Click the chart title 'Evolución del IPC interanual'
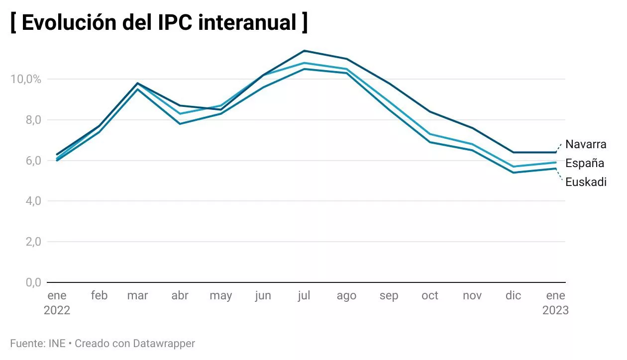tap(159, 23)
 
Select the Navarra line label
tap(586, 144)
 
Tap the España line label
tap(585, 163)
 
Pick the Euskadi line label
tap(586, 182)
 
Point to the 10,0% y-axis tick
tap(25, 79)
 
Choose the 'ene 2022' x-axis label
tap(57, 303)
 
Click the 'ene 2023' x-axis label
tap(555, 303)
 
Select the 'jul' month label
tap(304, 296)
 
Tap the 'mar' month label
tap(137, 296)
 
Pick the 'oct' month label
tap(430, 296)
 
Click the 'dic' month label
tap(513, 296)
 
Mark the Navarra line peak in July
tap(304, 51)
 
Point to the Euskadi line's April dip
tap(180, 123)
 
